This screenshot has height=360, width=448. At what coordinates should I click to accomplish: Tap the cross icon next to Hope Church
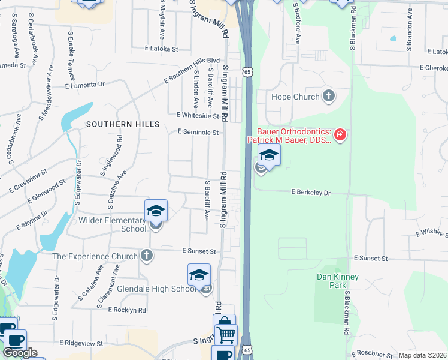pyautogui.click(x=328, y=95)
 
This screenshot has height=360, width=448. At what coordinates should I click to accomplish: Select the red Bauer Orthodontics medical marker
pyautogui.click(x=340, y=134)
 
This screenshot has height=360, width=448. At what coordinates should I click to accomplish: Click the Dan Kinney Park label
pyautogui.click(x=330, y=281)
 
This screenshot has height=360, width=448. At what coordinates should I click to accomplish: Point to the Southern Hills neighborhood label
pyautogui.click(x=123, y=124)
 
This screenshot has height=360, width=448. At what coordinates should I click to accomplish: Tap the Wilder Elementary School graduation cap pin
pyautogui.click(x=156, y=211)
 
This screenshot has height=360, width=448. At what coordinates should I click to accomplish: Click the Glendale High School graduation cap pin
pyautogui.click(x=199, y=275)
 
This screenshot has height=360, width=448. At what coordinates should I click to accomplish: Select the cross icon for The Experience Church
pyautogui.click(x=146, y=256)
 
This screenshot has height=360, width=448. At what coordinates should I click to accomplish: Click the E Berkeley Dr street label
pyautogui.click(x=311, y=193)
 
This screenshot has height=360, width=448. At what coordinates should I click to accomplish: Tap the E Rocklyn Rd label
pyautogui.click(x=127, y=310)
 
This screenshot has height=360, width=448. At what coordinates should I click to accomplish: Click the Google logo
pyautogui.click(x=20, y=353)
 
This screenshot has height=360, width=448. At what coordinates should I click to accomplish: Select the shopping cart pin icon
pyautogui.click(x=226, y=334)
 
